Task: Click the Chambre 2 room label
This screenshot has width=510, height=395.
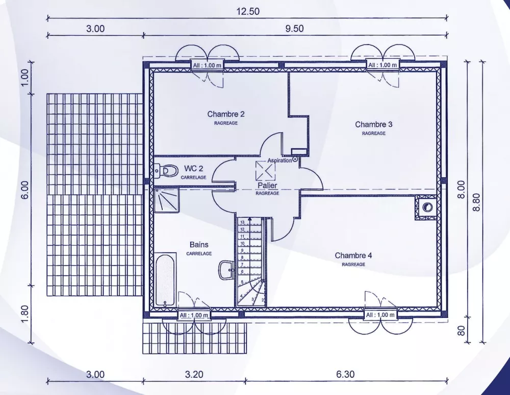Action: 226,114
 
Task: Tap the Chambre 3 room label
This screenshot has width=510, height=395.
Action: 373,124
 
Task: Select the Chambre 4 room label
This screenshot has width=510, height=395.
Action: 353,255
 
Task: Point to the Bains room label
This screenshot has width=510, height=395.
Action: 199,245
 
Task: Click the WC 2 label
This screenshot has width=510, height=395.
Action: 194,168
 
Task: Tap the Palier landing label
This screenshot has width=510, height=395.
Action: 267,185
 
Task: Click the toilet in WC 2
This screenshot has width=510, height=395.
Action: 165,169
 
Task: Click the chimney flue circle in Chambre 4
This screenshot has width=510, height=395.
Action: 427,207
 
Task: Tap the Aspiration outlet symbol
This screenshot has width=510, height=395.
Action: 295,160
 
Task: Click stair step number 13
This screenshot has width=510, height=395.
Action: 243,222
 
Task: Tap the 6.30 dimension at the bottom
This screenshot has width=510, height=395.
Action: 345,375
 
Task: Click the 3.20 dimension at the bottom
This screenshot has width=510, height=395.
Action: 194,375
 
